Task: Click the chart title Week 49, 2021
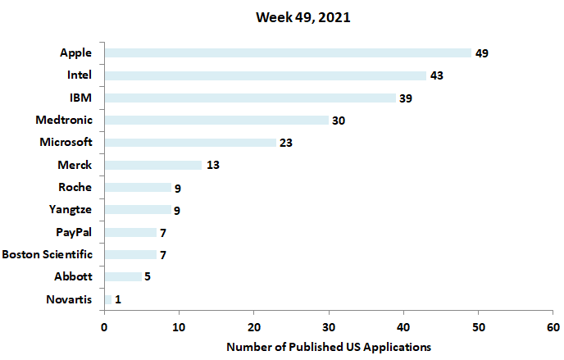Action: click(302, 17)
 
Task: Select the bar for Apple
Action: click(288, 53)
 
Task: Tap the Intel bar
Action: click(266, 75)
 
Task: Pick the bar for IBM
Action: click(250, 98)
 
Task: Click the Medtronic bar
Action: click(216, 120)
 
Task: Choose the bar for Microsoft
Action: click(190, 143)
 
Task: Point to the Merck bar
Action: click(152, 165)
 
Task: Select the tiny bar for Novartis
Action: click(108, 299)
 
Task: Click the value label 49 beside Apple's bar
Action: click(482, 53)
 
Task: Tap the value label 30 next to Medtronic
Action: click(339, 121)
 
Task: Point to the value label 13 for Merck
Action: click(212, 165)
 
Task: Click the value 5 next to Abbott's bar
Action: click(148, 276)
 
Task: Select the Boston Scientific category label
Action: click(48, 254)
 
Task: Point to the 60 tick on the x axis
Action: click(553, 326)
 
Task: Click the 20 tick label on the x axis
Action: click(254, 326)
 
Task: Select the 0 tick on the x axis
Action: click(104, 326)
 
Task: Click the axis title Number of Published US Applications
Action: click(329, 346)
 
